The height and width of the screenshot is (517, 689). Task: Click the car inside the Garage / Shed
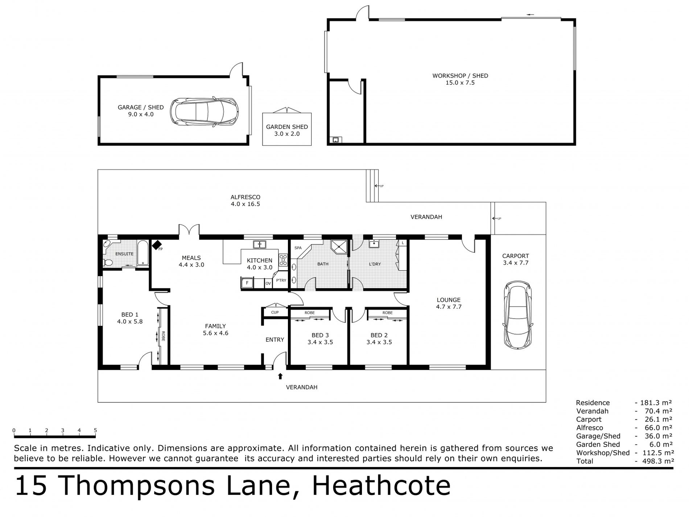coord(205,111)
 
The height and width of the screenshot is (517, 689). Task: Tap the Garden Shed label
coord(287,130)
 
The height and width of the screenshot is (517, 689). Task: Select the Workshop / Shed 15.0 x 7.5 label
coord(460,79)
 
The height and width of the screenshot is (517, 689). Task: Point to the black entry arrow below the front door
coord(280,376)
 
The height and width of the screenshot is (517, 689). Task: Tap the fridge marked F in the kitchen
coord(247,283)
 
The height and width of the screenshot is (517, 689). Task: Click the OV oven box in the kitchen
coord(268,283)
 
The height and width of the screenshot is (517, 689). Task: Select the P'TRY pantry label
coord(281,280)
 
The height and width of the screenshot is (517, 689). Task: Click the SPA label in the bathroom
coord(298,248)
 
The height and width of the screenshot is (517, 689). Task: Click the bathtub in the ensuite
coord(143,253)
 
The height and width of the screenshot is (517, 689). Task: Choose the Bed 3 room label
coord(320,338)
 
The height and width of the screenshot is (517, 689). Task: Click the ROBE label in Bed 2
coord(387,313)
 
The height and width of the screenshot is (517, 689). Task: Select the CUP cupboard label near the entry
coord(275,312)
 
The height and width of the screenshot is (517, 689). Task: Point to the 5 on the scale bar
coord(95,431)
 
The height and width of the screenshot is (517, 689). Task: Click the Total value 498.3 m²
coord(657,461)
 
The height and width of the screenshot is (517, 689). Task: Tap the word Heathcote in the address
coord(381,486)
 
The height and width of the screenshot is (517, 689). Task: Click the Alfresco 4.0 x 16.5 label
coord(246,201)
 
